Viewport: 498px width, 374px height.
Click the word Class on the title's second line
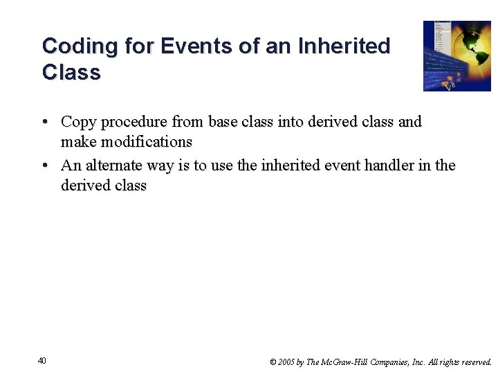tap(71, 73)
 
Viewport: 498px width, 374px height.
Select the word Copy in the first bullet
tap(78, 122)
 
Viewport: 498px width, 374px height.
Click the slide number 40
tap(42, 360)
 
